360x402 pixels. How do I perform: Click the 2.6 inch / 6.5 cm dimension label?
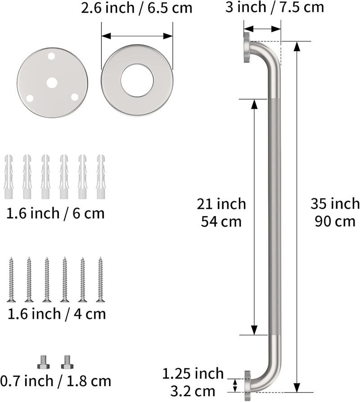pos(136,8)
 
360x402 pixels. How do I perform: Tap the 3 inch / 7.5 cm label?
pos(274,7)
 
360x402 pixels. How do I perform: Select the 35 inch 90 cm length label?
pos(335,212)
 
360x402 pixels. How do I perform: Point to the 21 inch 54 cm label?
pos(221,212)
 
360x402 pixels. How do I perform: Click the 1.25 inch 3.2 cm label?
pos(193,382)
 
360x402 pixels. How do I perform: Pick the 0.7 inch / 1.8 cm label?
pos(56,381)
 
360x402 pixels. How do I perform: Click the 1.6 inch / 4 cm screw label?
pos(57,314)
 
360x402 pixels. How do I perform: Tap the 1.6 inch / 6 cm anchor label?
pos(55,213)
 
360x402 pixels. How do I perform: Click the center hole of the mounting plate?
pos(52,83)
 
